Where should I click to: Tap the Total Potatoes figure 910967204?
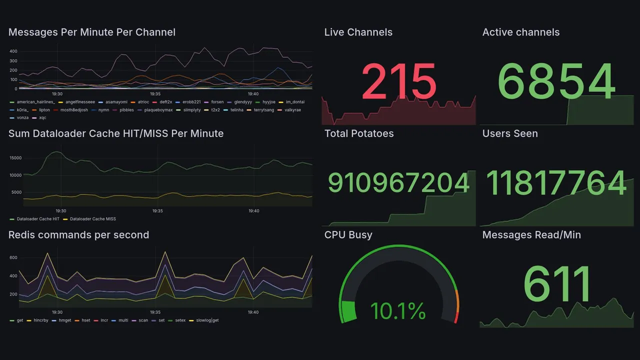(398, 183)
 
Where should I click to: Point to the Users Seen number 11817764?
(556, 183)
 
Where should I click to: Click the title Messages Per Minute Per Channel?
(92, 32)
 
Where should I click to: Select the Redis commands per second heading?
(78, 235)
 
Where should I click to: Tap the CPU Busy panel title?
(348, 235)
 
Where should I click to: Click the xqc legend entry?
(42, 118)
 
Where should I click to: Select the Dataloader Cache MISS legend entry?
(93, 219)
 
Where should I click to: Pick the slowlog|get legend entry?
(207, 320)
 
